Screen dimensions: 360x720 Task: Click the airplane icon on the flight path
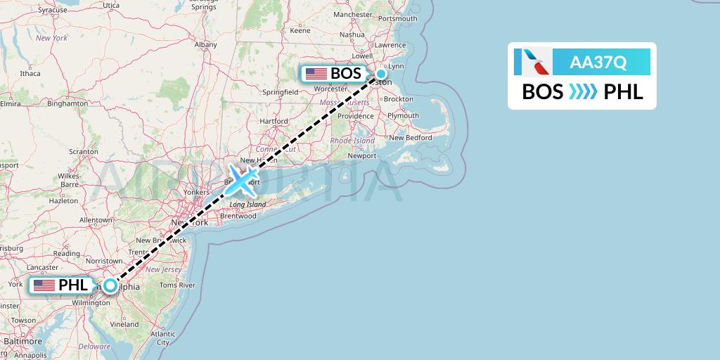[x=242, y=179]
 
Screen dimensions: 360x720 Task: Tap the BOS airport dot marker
[x=380, y=73]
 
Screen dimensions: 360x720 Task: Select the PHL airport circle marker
[x=110, y=285]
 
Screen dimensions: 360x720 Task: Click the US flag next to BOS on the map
[x=316, y=73]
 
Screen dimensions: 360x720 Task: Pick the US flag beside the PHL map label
[x=44, y=285]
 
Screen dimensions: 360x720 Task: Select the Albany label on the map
[x=206, y=44]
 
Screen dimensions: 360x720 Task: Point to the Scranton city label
[x=83, y=151]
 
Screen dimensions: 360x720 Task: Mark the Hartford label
[x=274, y=121]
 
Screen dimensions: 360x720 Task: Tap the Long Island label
[x=247, y=205]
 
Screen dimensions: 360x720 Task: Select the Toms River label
[x=177, y=285]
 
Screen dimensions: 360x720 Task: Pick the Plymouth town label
[x=404, y=116]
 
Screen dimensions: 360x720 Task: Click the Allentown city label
[x=96, y=220]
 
